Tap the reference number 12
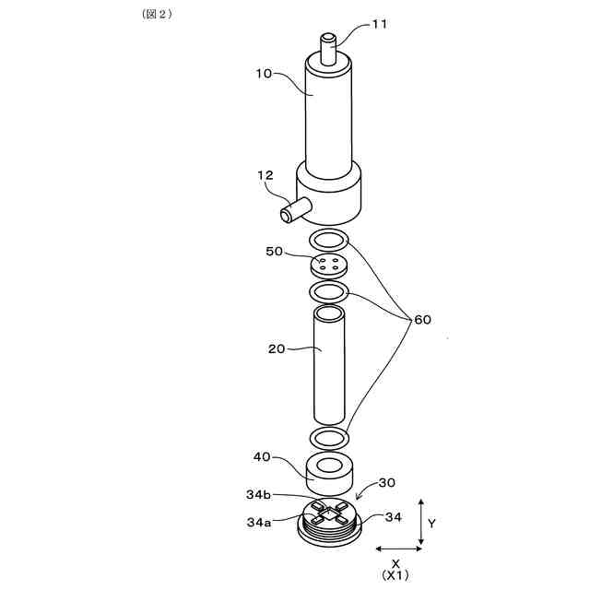coord(265,175)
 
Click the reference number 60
coord(422,319)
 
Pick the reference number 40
coord(263,456)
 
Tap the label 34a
coord(259,523)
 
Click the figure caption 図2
coord(152,14)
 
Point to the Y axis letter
coord(432,523)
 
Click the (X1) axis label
coord(395,574)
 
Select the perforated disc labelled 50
coord(329,265)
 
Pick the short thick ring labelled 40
coord(329,470)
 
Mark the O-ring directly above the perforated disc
coord(329,241)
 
